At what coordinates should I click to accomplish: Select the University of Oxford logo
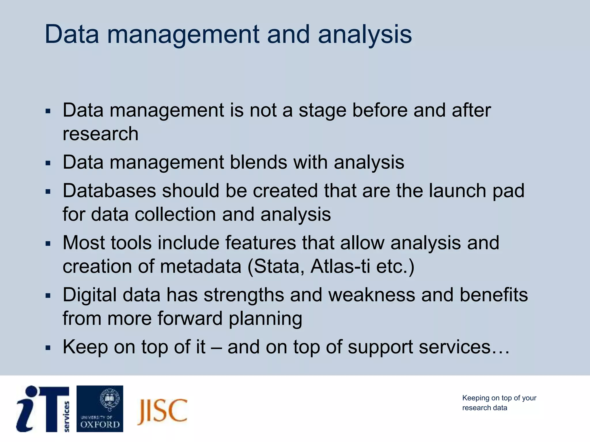point(100,409)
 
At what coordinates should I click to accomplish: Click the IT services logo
point(43,409)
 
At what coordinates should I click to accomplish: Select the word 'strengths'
point(244,295)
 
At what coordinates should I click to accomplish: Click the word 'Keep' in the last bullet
point(85,347)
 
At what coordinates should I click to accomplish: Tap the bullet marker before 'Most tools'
point(48,244)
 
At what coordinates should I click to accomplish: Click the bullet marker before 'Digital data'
point(48,296)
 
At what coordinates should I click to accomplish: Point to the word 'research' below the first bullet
point(101,134)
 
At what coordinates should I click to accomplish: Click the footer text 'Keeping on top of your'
point(499,398)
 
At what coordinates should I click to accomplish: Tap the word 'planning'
point(265,319)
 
